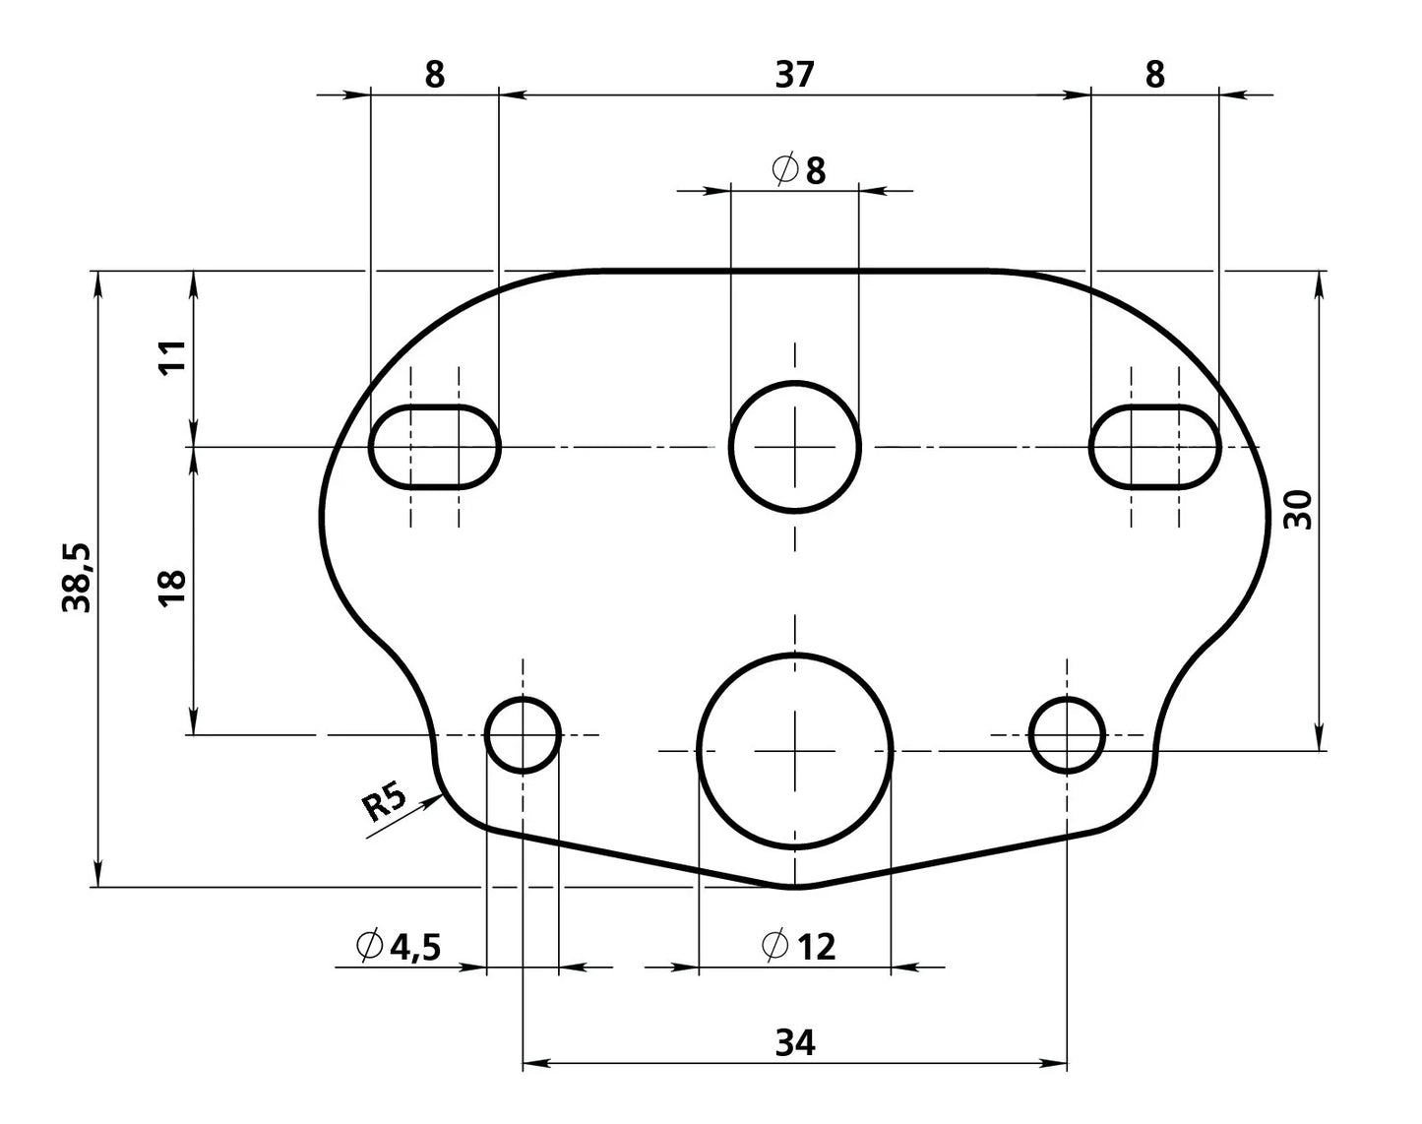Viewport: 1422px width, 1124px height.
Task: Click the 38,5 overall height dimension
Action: click(76, 578)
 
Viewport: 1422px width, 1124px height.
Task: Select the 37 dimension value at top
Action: click(794, 75)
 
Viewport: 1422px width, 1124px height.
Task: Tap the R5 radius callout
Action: click(384, 801)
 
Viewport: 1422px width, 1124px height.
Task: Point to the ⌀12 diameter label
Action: click(799, 946)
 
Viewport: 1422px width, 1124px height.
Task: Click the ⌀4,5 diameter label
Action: click(399, 946)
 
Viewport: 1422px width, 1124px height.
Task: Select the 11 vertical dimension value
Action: click(172, 357)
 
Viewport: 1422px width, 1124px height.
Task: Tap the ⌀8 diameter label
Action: click(799, 170)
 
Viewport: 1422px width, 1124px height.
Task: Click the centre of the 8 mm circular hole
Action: click(795, 448)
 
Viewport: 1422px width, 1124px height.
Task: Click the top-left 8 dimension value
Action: click(434, 75)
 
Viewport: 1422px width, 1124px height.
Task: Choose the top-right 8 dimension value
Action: click(1154, 75)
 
